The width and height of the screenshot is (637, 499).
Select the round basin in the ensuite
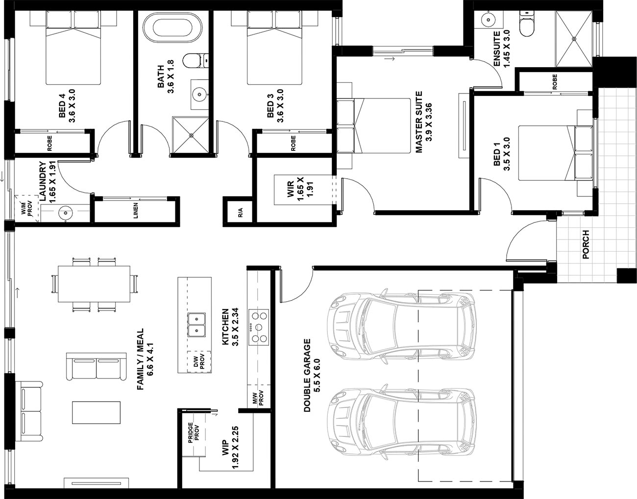pyautogui.click(x=489, y=20)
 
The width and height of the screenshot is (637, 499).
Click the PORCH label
pyautogui.click(x=586, y=244)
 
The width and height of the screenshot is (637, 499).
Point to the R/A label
pyautogui.click(x=241, y=213)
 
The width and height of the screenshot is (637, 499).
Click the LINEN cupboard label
pyautogui.click(x=135, y=211)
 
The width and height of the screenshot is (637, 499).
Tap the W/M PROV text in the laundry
pyautogui.click(x=26, y=209)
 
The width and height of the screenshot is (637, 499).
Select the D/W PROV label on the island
pyautogui.click(x=198, y=361)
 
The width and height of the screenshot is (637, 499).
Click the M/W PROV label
pyautogui.click(x=258, y=398)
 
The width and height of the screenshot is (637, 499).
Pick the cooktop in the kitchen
pyautogui.click(x=259, y=328)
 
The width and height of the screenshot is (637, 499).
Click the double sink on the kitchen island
pyautogui.click(x=196, y=325)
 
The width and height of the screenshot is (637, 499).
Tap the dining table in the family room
pyautogui.click(x=94, y=284)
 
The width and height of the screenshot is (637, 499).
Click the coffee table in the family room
pyautogui.click(x=96, y=412)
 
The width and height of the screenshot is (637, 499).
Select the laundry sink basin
pyautogui.click(x=65, y=213)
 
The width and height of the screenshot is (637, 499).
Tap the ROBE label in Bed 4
pyautogui.click(x=49, y=143)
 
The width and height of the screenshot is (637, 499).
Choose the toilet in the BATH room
pyautogui.click(x=196, y=61)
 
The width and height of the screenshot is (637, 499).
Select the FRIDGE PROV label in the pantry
pyautogui.click(x=194, y=432)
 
